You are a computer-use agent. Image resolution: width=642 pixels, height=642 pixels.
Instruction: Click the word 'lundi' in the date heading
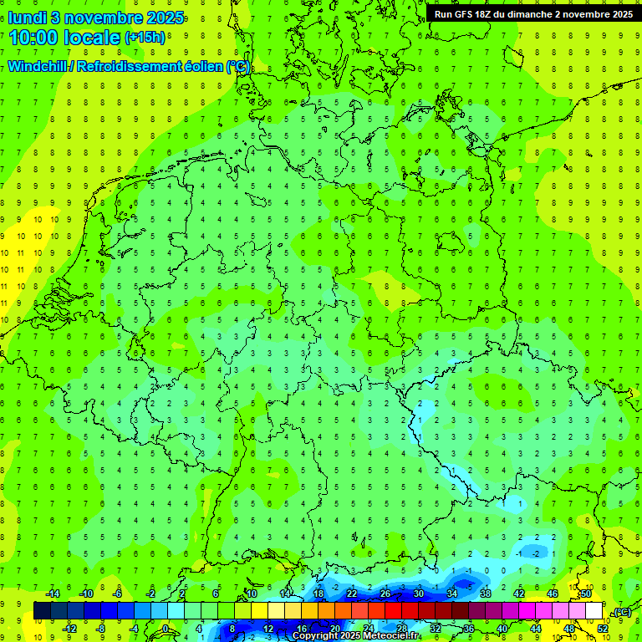(27, 18)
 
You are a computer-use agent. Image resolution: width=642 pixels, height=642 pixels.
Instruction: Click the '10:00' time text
(38, 38)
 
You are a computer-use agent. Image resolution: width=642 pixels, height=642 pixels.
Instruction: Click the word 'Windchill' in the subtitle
(38, 66)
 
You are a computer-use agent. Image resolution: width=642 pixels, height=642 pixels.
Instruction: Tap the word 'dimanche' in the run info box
(543, 13)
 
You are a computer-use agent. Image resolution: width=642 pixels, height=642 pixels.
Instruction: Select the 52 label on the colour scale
(603, 629)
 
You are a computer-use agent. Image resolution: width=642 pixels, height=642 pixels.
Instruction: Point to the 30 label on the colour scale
(418, 594)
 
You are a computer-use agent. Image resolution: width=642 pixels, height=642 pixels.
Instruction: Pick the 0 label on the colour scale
(166, 629)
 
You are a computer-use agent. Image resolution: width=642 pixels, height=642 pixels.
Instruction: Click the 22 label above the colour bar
(352, 594)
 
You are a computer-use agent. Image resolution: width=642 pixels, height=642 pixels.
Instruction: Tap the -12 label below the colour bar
(69, 629)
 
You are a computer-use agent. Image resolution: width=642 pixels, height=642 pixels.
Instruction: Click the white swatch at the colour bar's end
(594, 611)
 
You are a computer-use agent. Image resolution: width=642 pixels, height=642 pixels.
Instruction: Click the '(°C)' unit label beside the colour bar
(621, 612)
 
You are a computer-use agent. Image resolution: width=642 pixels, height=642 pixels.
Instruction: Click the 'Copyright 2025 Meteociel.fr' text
(356, 636)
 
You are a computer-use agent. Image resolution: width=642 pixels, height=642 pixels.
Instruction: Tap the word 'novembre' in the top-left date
(95, 18)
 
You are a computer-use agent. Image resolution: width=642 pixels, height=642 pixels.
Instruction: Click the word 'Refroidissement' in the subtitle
(129, 66)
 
